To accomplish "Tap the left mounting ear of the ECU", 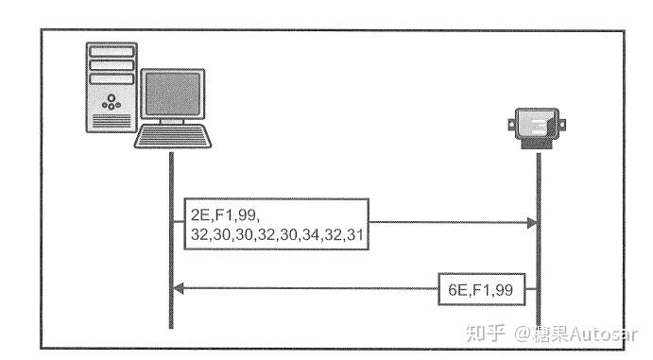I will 511,120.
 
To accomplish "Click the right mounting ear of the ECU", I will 564,120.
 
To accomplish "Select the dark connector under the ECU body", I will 538,144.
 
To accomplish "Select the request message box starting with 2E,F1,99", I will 275,224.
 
